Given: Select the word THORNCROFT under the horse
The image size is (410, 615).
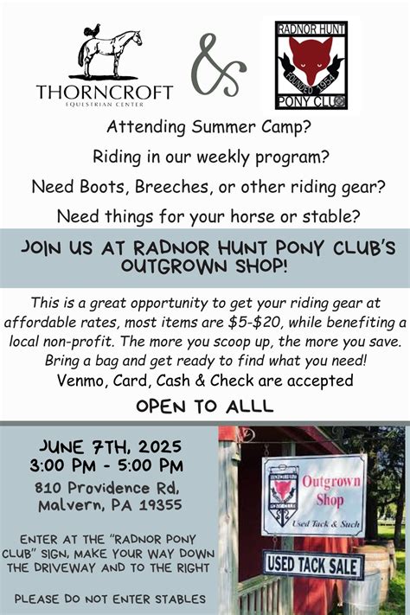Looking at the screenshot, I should (x=105, y=92).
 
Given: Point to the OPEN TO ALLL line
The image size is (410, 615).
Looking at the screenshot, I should (x=205, y=406).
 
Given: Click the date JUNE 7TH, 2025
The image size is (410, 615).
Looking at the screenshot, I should (x=109, y=447).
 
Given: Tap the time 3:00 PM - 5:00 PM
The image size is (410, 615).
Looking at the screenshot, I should (x=109, y=467).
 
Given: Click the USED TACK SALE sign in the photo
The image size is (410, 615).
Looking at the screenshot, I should (x=313, y=565).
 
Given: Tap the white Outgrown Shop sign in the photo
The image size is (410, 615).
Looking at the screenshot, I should (x=313, y=495).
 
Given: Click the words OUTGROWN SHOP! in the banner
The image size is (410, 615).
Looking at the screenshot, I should (x=204, y=266).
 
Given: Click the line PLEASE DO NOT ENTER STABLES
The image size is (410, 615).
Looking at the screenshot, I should (x=109, y=598).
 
